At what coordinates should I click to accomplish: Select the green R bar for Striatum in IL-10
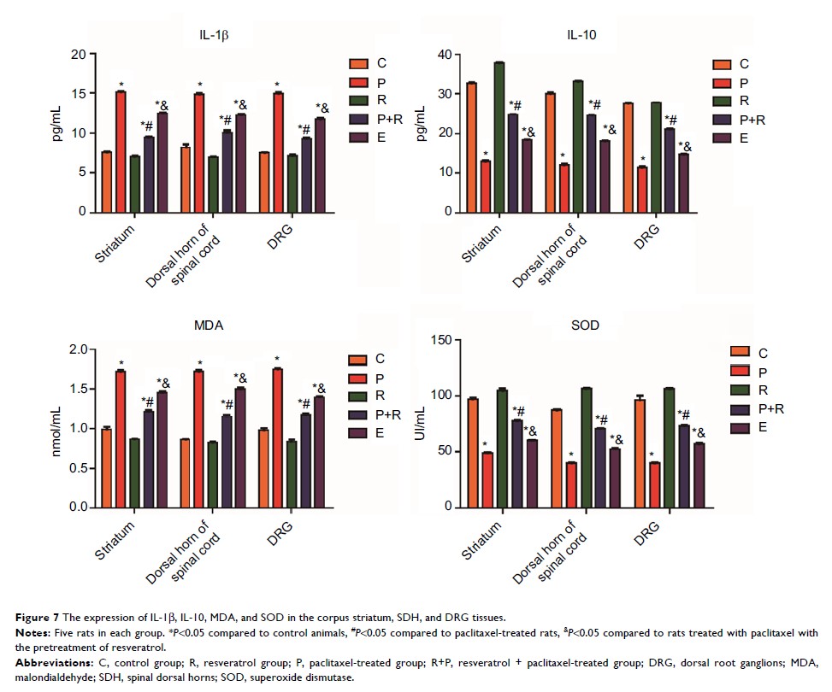[x=499, y=137]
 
